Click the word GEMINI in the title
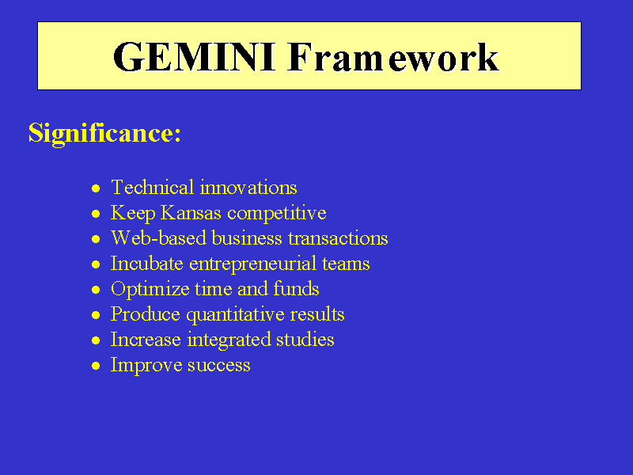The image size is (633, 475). pyautogui.click(x=194, y=57)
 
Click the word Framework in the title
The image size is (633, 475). pyautogui.click(x=392, y=57)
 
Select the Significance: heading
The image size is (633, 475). pyautogui.click(x=104, y=133)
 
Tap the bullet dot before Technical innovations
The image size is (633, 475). pyautogui.click(x=96, y=188)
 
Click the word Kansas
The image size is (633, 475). pyautogui.click(x=191, y=212)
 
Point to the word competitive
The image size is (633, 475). pyautogui.click(x=277, y=213)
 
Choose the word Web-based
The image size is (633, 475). pyautogui.click(x=159, y=237)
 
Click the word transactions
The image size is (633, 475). pyautogui.click(x=339, y=238)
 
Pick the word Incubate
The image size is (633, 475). pyautogui.click(x=147, y=263)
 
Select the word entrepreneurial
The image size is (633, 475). pyautogui.click(x=252, y=264)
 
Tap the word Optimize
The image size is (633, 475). pyautogui.click(x=150, y=289)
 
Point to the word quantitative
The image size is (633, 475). pyautogui.click(x=235, y=314)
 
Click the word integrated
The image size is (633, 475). pyautogui.click(x=229, y=340)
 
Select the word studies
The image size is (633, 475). pyautogui.click(x=305, y=340)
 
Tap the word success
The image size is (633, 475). pyautogui.click(x=219, y=366)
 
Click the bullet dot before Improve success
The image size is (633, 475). pyautogui.click(x=96, y=366)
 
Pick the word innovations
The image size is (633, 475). pyautogui.click(x=248, y=188)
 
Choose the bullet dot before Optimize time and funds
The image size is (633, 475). pyautogui.click(x=96, y=290)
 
